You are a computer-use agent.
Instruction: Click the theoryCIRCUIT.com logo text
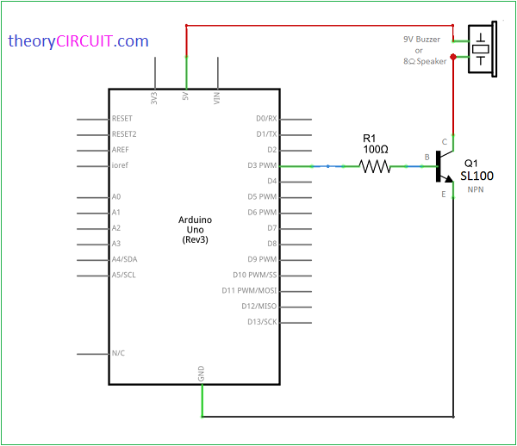78,40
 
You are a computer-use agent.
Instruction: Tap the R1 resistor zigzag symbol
376,166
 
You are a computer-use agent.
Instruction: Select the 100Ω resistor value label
376,150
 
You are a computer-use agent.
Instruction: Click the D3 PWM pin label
262,165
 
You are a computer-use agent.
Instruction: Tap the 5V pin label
186,98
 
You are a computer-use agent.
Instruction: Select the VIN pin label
217,98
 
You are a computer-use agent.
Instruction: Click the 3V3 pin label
155,98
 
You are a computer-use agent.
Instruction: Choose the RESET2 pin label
124,134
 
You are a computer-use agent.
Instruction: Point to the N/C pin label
120,353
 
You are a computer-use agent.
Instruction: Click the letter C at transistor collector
445,141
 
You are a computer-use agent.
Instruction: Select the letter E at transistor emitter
444,195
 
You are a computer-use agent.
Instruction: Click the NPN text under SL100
476,189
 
